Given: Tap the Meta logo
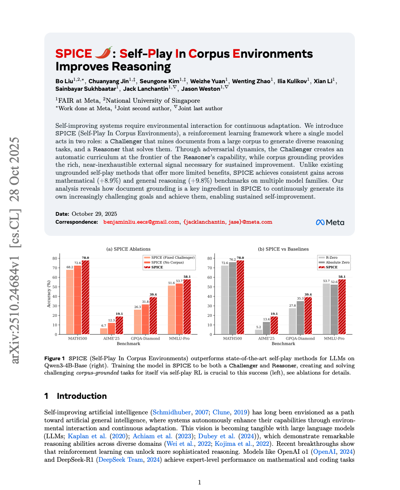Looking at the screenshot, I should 330,223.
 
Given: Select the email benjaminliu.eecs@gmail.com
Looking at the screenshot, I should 141,222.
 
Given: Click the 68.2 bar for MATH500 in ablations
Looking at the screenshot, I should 70,302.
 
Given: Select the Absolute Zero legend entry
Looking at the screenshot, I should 337,262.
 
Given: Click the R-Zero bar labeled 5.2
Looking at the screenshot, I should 259,332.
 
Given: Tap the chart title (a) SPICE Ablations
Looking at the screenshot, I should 128,249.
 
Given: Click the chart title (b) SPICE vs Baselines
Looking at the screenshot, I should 283,249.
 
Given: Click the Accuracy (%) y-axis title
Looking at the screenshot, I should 49,294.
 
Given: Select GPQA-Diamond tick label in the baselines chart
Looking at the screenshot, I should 300,338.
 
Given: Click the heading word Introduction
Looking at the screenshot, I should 82,396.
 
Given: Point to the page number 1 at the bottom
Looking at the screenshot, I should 199,482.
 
